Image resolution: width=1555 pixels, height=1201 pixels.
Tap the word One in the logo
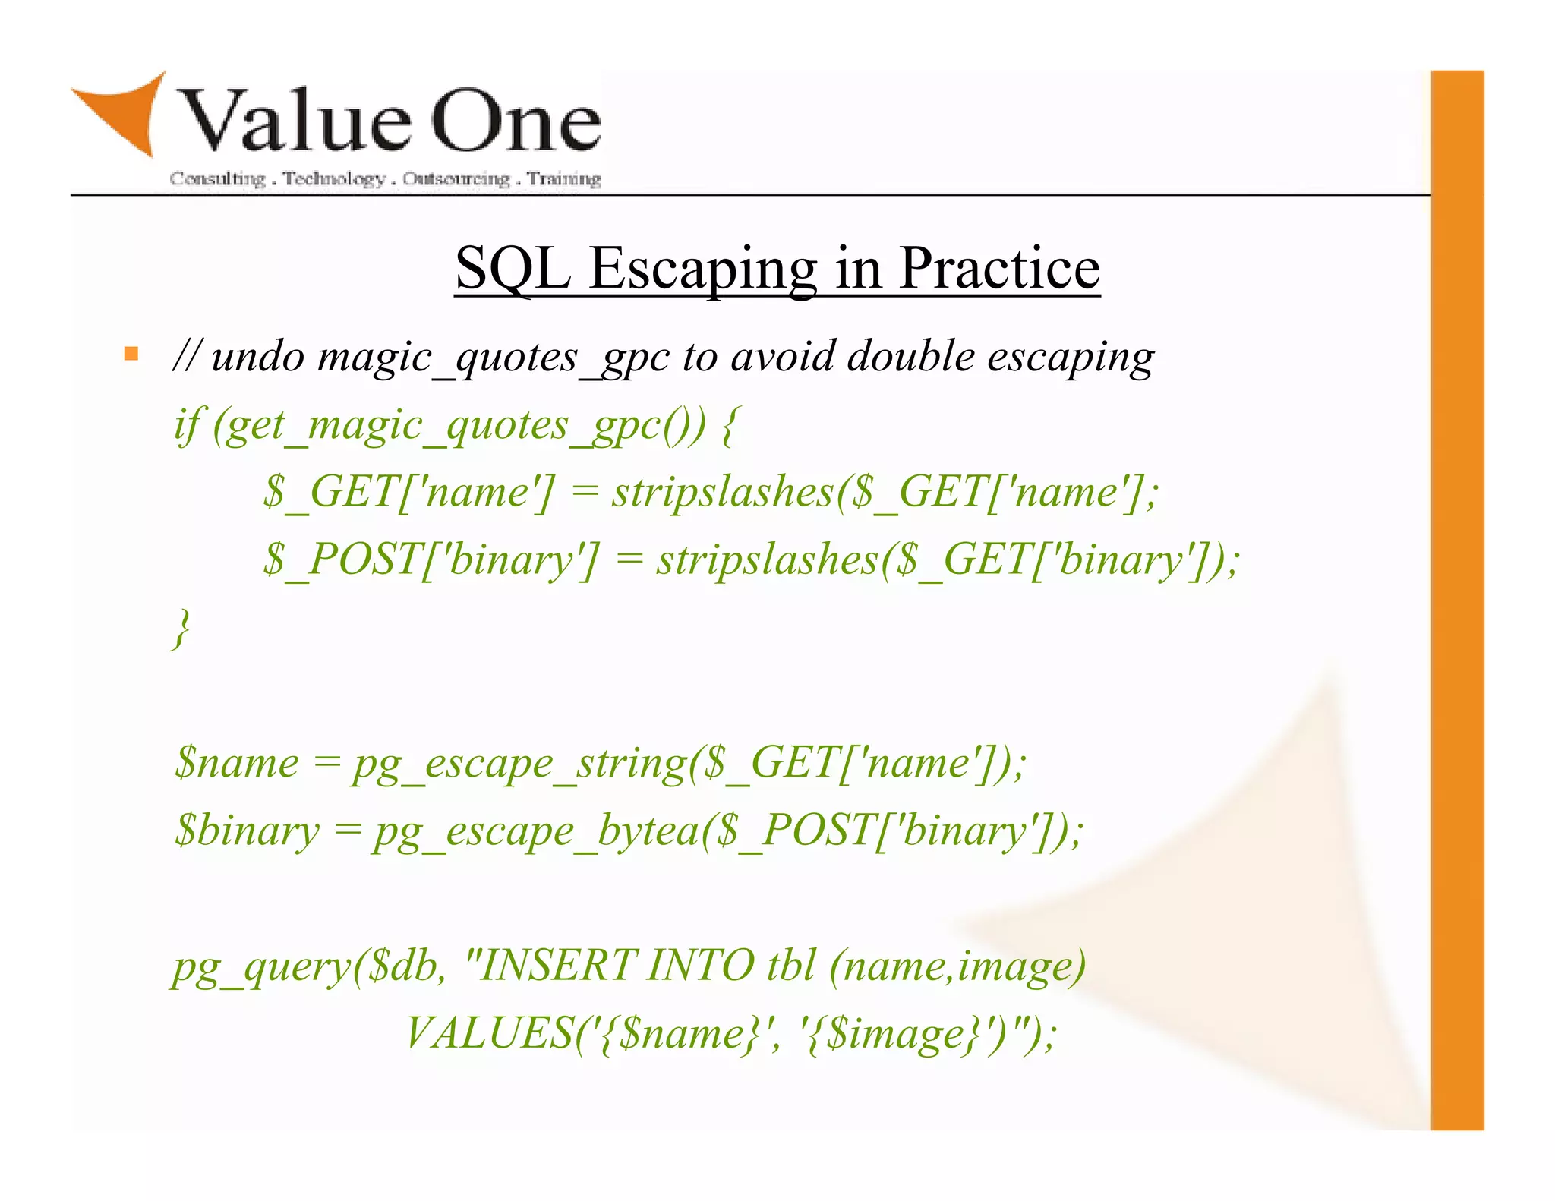[516, 121]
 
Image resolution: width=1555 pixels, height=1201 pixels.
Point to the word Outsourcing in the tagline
[456, 179]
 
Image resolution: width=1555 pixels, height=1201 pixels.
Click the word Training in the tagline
[564, 179]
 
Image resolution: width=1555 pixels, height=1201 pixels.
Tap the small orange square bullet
[131, 354]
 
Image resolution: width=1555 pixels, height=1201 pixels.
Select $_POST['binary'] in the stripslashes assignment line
[431, 560]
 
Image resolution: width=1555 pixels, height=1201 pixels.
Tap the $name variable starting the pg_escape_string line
[236, 763]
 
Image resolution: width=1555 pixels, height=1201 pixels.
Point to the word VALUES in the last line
[490, 1033]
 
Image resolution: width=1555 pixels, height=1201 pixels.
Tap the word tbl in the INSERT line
[790, 966]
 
